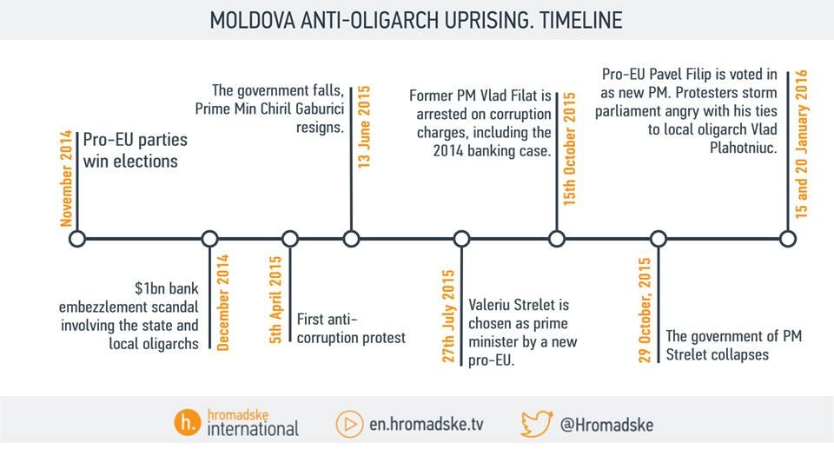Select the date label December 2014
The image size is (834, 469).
click(222, 302)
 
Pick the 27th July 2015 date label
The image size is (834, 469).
click(449, 315)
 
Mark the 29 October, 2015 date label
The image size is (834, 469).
click(645, 311)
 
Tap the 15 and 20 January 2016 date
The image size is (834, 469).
click(801, 144)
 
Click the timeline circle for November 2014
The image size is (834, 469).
click(76, 239)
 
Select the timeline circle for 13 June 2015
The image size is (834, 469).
click(351, 239)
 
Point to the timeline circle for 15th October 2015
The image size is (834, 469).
click(557, 239)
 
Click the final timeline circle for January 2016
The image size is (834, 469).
click(787, 239)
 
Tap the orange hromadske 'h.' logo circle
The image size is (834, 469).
click(186, 423)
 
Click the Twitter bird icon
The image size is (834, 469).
click(537, 423)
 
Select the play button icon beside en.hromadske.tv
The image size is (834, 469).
click(349, 424)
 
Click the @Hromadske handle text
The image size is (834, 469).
click(607, 425)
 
